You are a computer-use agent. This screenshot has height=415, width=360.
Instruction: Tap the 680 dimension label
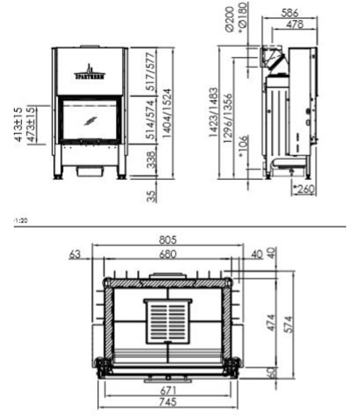167,254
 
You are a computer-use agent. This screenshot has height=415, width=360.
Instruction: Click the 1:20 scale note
20,220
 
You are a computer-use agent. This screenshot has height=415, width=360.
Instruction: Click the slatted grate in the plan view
168,321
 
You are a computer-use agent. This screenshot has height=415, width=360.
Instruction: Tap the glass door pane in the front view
90,120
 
